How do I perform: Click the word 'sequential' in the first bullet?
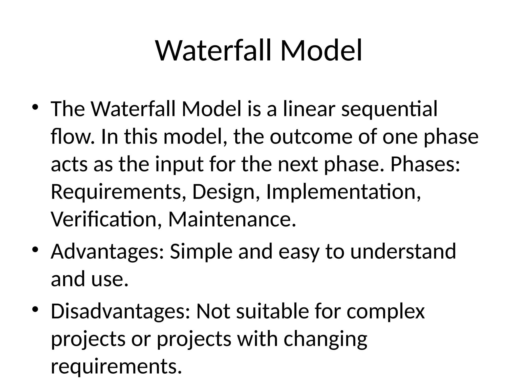point(389,109)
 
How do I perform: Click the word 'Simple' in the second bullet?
point(201,252)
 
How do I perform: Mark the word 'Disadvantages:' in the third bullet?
point(120,311)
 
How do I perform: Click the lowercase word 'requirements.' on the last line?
point(116,367)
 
